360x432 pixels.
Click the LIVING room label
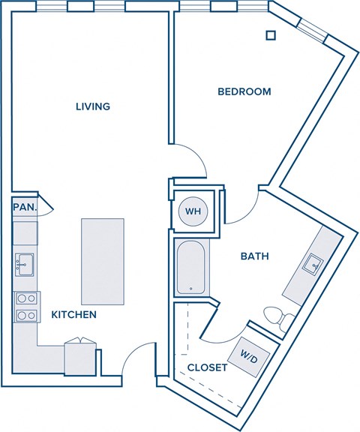pos(93,106)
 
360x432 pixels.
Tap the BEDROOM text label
pos(244,91)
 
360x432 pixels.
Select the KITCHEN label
pos(73,315)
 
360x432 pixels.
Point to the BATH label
pos(254,256)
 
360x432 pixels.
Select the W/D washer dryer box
pos(247,353)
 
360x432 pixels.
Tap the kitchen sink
pos(23,263)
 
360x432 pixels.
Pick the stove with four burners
pos(25,306)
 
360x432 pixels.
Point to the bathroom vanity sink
pos(313,263)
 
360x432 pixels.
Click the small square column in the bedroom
pos(271,34)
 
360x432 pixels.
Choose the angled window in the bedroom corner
pos(313,28)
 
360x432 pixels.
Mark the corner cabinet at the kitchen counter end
pos(80,357)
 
